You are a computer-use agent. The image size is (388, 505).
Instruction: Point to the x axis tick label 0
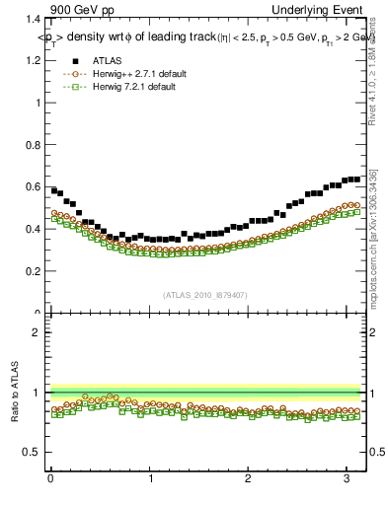(x=49, y=480)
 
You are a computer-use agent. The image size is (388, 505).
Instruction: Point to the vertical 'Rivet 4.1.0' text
(x=372, y=79)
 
